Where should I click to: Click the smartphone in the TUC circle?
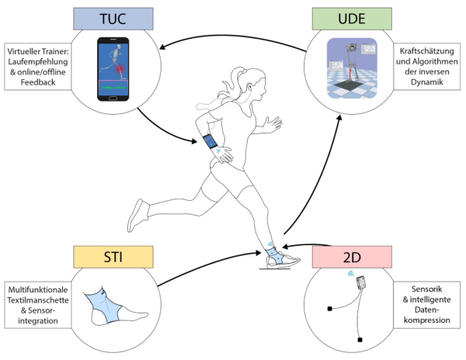pyautogui.click(x=113, y=71)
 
